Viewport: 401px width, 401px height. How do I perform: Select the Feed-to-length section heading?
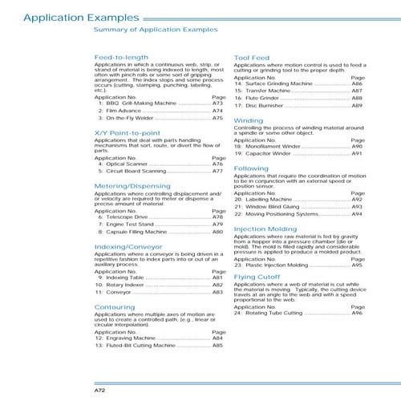pos(122,59)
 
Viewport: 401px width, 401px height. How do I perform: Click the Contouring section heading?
pos(115,306)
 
